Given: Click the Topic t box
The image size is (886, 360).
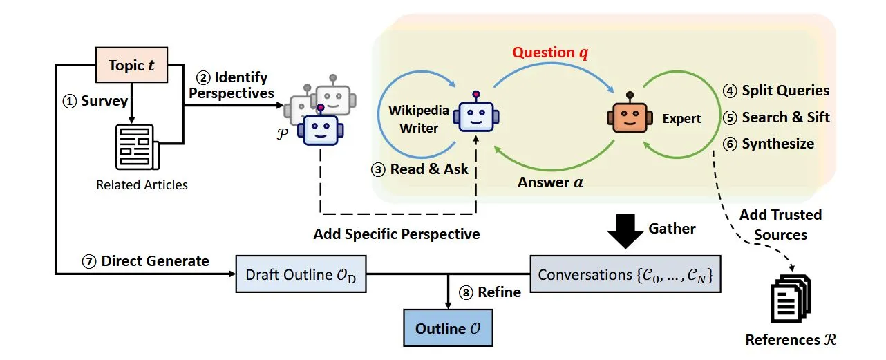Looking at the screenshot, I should coord(131,65).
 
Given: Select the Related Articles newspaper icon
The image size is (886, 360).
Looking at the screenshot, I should coord(137,146).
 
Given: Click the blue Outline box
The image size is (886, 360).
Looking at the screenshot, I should coord(448,328).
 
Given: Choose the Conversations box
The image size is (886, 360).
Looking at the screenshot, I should coord(624,274).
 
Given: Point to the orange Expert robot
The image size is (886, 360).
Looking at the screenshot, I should coord(629,115).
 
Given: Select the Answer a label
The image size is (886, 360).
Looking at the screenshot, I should coord(549,183).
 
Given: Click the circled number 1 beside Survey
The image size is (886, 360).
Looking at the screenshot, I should coord(68,102).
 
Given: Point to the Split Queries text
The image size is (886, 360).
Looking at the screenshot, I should coord(785,91).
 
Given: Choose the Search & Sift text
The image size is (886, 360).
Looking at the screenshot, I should coord(785,117).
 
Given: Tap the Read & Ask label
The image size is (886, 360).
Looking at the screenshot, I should coord(428,169).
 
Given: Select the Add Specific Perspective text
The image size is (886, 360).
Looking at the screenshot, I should coord(396,234).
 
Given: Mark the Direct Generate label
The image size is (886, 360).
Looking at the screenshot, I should coord(155,260).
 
